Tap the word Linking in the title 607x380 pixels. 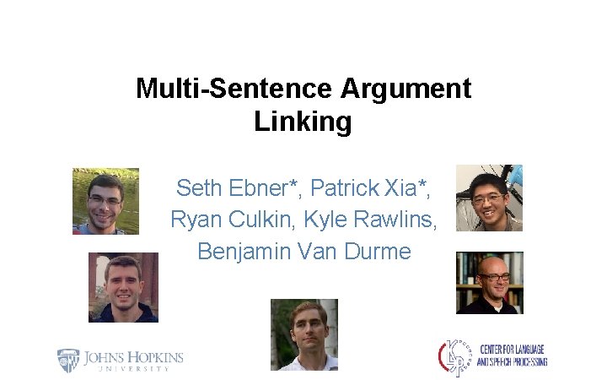coord(303,122)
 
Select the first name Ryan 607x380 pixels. coord(195,220)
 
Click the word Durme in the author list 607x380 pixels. coord(379,252)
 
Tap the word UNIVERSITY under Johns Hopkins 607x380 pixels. coord(132,369)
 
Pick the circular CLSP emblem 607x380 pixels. coord(453,357)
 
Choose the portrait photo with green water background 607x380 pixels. coord(105,201)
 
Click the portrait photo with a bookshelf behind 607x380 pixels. coord(490,283)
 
